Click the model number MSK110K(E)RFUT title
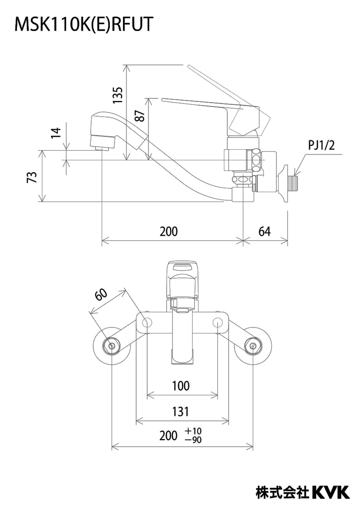83,25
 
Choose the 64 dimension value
264,232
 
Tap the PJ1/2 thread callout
321,146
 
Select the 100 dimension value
181,386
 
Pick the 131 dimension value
181,411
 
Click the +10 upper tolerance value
193,431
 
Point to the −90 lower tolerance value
193,440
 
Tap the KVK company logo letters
331,492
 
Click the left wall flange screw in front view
112,346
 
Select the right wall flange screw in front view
253,346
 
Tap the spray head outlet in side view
103,148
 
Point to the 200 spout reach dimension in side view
169,232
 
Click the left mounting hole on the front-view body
147,323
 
